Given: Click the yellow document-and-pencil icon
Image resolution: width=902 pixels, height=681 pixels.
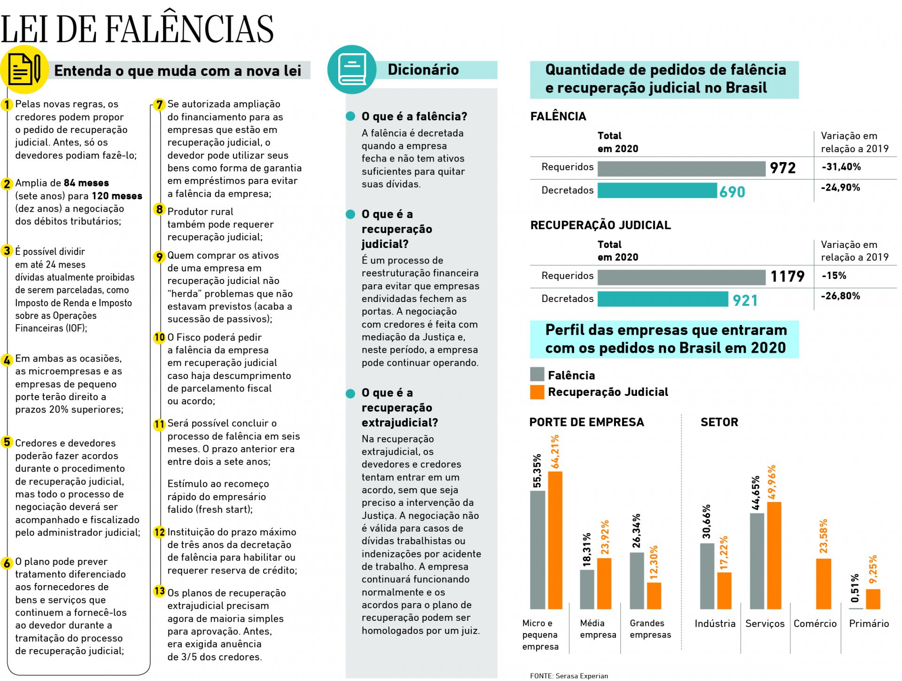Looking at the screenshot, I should (x=24, y=70).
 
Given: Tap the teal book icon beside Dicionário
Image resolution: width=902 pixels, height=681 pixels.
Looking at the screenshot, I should (x=351, y=70).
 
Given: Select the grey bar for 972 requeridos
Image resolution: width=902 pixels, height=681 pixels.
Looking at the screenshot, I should (x=681, y=169).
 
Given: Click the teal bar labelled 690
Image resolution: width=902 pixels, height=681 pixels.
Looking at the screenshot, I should (x=657, y=190).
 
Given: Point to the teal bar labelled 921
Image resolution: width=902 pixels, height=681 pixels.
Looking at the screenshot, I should (x=662, y=299).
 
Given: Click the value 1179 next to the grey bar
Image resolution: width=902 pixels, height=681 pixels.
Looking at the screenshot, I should (x=787, y=276).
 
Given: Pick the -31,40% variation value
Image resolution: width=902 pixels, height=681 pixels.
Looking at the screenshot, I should (x=841, y=167).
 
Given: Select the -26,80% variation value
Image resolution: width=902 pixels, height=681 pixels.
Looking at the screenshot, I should (x=840, y=296).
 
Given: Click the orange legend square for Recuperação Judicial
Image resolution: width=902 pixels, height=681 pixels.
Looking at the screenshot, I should (x=537, y=392).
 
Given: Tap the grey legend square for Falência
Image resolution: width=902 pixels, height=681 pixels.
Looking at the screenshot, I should (x=537, y=374).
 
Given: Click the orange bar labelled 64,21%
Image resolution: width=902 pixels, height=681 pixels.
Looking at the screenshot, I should (x=555, y=540).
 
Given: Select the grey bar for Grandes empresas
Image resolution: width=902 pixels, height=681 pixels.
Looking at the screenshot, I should (x=637, y=580).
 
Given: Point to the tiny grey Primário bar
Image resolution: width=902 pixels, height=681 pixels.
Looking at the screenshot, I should (x=856, y=608).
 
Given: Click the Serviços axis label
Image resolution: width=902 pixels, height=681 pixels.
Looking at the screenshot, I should (x=765, y=624).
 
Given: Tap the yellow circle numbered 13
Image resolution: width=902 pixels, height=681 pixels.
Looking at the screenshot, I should (x=160, y=591).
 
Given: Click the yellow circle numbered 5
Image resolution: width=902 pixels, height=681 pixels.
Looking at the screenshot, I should (x=7, y=442).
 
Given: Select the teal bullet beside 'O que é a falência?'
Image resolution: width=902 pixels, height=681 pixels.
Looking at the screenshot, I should (x=350, y=116).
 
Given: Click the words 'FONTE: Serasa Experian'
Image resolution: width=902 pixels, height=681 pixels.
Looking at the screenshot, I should (x=569, y=676).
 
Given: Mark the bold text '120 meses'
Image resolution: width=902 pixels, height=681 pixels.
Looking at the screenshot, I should (x=117, y=196).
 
